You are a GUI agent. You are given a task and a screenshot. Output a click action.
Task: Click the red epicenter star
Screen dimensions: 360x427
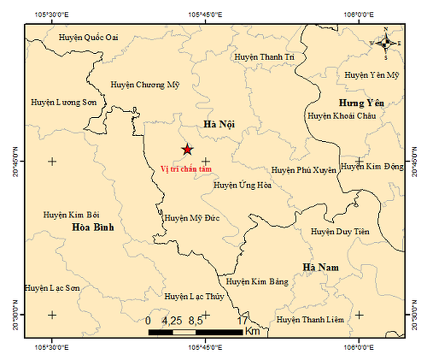187,149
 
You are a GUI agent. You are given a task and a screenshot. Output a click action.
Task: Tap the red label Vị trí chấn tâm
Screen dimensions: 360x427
186,169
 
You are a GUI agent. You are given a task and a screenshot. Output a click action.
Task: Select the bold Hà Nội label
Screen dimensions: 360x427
219,124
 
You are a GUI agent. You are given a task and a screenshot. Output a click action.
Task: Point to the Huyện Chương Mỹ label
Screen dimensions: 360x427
145,85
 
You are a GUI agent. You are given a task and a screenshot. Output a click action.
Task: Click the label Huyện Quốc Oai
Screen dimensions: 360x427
88,38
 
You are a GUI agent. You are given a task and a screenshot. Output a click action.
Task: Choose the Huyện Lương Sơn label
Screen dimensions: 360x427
64,102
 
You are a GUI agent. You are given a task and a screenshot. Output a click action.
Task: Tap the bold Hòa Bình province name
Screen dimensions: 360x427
93,227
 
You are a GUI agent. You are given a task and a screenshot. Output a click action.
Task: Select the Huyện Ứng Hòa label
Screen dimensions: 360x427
242,185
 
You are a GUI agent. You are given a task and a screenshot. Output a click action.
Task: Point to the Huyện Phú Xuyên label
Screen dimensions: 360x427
304,170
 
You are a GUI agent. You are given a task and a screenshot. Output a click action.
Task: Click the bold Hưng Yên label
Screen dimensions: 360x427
362,103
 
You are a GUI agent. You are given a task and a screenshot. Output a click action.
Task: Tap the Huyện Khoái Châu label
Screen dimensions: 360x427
342,116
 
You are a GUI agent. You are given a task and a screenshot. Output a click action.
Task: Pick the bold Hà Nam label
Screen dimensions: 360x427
321,267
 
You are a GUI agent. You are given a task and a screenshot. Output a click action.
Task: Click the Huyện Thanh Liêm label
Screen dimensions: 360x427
310,320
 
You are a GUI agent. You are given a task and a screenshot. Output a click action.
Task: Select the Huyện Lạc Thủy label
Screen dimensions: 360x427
194,297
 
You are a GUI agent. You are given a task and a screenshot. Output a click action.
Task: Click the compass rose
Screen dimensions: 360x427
386,43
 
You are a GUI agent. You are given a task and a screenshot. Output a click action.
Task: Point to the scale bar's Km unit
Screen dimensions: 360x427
253,331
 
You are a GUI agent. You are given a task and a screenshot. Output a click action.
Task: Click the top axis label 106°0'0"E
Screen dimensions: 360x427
359,14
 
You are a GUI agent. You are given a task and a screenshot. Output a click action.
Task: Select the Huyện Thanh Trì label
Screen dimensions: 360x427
264,57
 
